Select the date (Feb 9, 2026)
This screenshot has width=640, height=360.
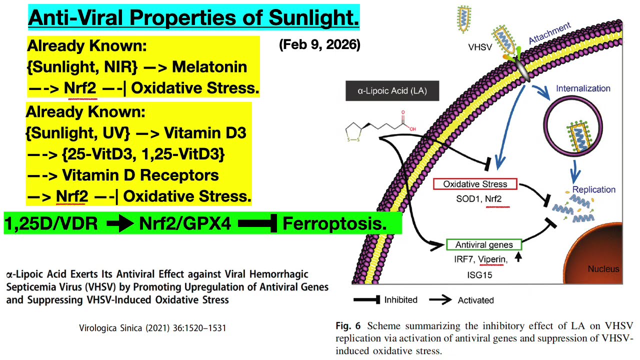coord(320,44)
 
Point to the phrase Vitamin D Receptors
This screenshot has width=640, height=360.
coord(140,175)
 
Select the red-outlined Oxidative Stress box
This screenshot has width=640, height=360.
coord(474,184)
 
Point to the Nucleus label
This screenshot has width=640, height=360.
coord(603,269)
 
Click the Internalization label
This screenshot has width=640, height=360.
coord(583,88)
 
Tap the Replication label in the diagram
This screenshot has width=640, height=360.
coord(593,189)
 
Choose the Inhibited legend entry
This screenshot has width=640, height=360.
coord(401,300)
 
